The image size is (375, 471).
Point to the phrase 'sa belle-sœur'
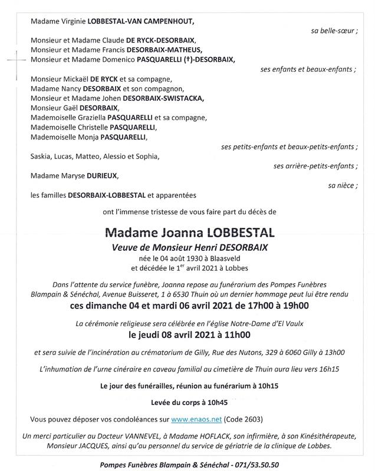334,31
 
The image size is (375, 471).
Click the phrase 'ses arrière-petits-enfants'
315,166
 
